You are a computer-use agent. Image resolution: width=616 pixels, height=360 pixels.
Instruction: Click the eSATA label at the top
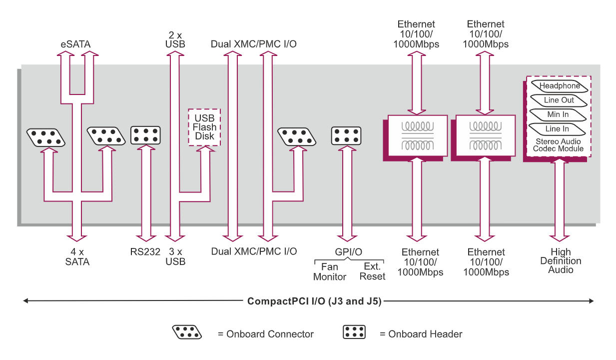pyautogui.click(x=75, y=44)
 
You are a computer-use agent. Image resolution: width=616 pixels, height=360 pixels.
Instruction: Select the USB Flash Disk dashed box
pyautogui.click(x=204, y=127)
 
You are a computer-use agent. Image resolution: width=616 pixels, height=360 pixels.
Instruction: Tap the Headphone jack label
pyautogui.click(x=559, y=86)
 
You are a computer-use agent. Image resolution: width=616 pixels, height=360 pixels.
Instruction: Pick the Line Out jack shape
pyautogui.click(x=559, y=100)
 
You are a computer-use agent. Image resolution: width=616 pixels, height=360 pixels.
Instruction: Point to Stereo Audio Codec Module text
pyautogui.click(x=558, y=145)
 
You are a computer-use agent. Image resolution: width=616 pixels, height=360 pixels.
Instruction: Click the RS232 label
pyautogui.click(x=145, y=252)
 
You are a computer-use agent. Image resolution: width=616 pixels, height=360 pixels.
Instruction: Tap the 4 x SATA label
pyautogui.click(x=77, y=256)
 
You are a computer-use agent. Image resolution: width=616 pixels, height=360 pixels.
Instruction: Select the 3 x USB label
pyautogui.click(x=175, y=256)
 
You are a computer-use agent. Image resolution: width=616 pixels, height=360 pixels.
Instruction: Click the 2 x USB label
pyautogui.click(x=175, y=39)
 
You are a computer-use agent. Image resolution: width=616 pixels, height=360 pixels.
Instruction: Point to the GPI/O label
pyautogui.click(x=348, y=252)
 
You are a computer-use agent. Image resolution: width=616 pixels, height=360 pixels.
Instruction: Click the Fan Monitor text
pyautogui.click(x=329, y=271)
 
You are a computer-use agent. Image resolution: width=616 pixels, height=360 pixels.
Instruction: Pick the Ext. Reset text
pyautogui.click(x=372, y=271)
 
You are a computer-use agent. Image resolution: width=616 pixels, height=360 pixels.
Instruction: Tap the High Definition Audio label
pyautogui.click(x=561, y=261)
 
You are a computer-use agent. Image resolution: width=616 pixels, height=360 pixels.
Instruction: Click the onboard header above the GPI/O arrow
pyautogui.click(x=346, y=135)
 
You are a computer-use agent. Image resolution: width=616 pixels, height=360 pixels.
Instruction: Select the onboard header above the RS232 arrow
pyautogui.click(x=145, y=135)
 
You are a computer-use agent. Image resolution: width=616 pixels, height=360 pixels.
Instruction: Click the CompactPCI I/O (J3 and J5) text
pyautogui.click(x=314, y=301)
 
